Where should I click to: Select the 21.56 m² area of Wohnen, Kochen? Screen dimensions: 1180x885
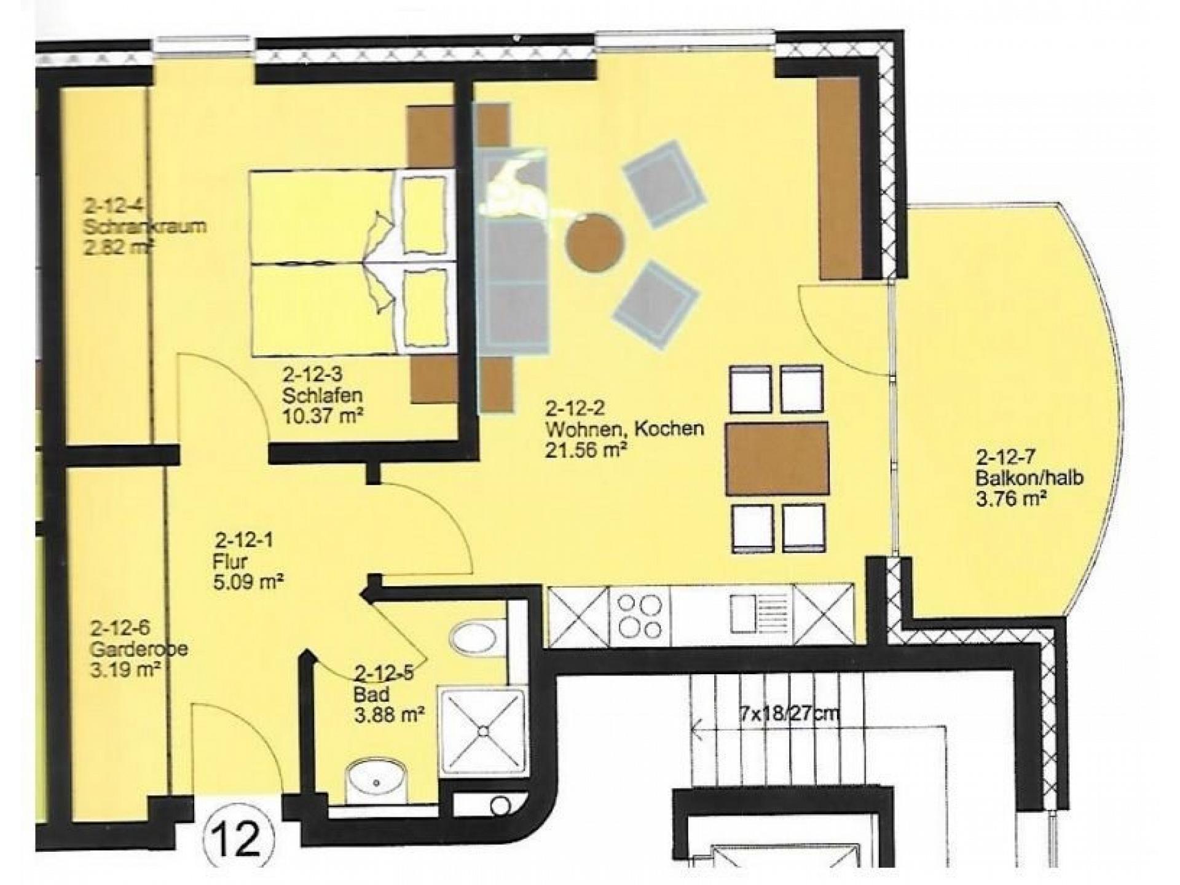[585, 450]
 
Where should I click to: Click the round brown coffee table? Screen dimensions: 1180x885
[594, 242]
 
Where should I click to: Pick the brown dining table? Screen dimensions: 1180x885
[776, 458]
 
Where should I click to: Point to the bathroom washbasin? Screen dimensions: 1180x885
[377, 781]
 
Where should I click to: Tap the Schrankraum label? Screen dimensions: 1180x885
[144, 226]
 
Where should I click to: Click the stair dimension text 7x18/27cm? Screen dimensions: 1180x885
[789, 714]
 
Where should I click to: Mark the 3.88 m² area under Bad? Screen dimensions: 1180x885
[390, 715]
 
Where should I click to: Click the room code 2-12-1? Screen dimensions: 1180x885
[244, 541]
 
